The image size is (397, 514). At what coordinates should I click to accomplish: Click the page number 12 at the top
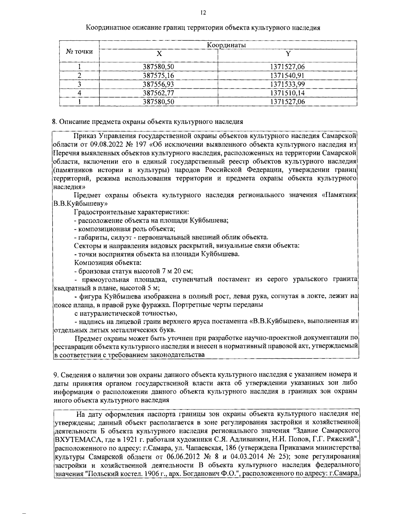[x=203, y=13]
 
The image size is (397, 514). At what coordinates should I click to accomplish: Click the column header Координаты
[x=228, y=45]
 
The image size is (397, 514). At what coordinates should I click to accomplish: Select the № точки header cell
[x=79, y=52]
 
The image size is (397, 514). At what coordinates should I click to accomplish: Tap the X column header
[x=159, y=54]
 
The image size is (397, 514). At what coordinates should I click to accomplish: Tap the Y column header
[x=287, y=54]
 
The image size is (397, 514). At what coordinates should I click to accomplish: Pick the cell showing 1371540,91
[x=287, y=75]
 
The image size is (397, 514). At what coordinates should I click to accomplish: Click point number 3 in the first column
[x=79, y=84]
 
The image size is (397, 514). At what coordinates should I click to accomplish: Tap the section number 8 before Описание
[x=55, y=121]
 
